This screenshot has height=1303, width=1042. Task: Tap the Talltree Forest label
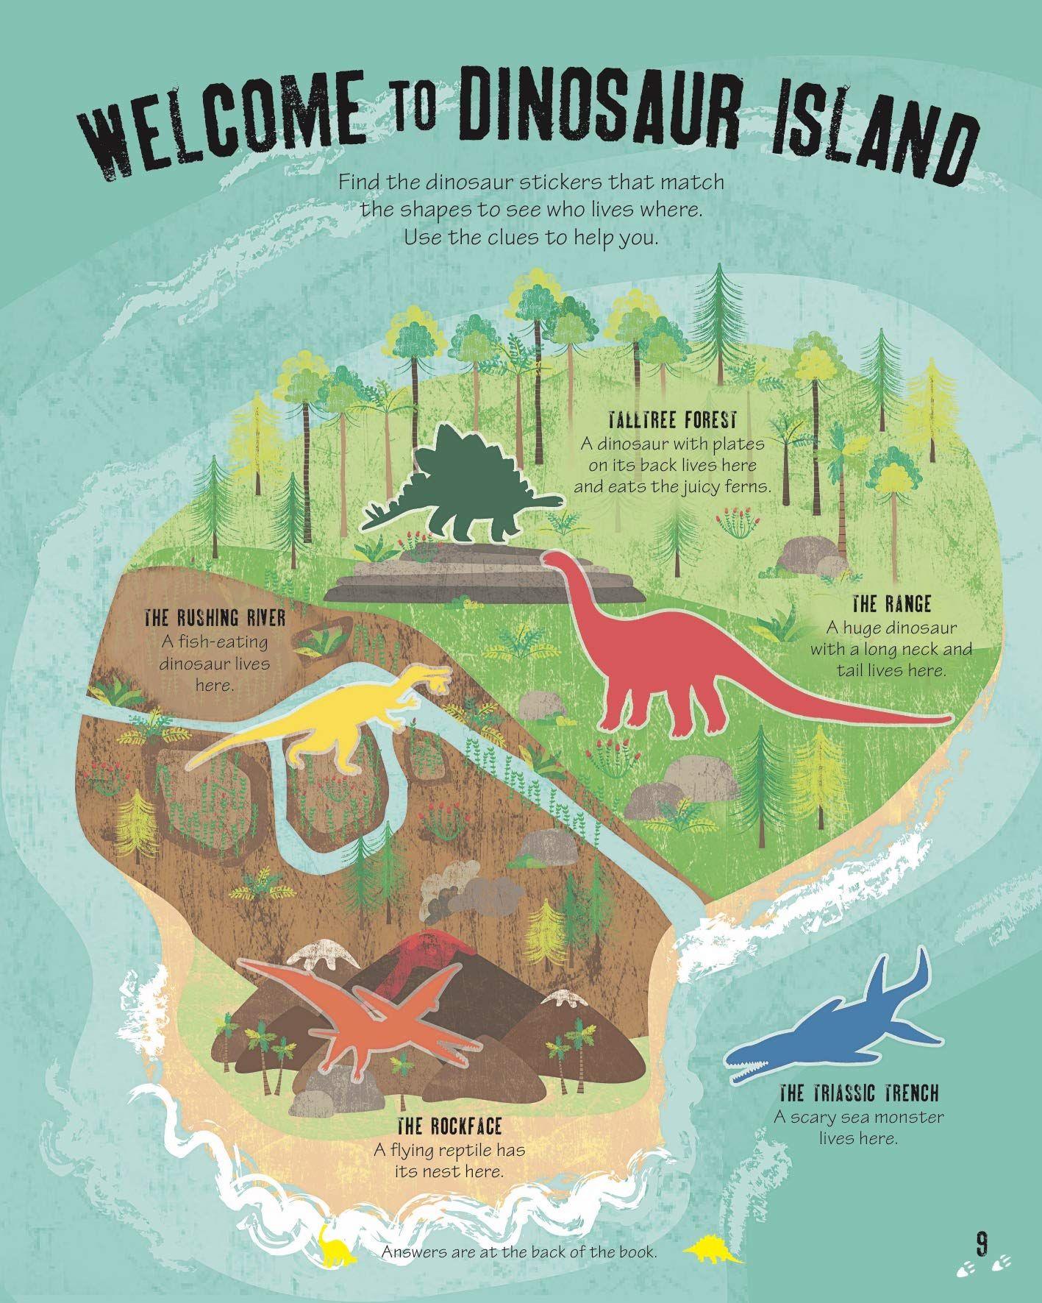coord(672,421)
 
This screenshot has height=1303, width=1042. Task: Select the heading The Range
coord(891,605)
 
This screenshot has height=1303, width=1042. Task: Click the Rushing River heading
coord(215,617)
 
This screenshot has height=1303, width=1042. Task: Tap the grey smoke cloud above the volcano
coord(471,890)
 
